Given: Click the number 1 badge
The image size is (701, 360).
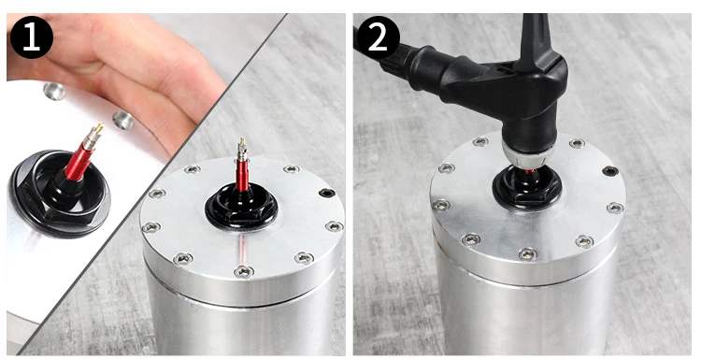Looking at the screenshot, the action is point(31,37).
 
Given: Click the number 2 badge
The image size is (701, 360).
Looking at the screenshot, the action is point(379,38).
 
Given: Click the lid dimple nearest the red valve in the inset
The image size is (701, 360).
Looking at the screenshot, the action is point(123,121).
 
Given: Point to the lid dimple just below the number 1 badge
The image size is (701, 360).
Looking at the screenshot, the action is point(54,92).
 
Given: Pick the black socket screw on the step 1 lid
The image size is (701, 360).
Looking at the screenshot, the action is point(327,193).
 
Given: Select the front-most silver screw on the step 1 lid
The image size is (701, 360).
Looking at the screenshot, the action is point(244,271).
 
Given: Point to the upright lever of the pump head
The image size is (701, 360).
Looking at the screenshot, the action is point(537,41).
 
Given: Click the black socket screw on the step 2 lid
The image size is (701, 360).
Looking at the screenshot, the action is point(609,171).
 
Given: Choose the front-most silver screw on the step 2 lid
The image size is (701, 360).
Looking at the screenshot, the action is point(528,255).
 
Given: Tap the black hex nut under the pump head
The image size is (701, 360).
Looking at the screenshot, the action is point(527,188).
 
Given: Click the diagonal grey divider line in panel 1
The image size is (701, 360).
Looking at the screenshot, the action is point(152,184).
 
